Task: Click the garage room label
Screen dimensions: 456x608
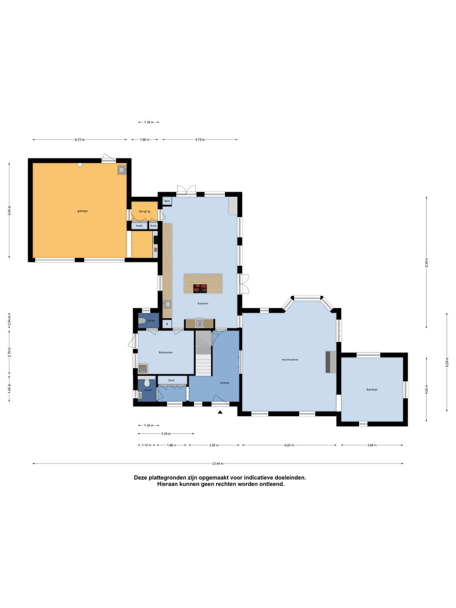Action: click(82, 211)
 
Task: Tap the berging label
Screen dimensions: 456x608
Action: click(144, 211)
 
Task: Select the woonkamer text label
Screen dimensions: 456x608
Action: click(290, 359)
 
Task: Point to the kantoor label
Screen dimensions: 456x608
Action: click(372, 389)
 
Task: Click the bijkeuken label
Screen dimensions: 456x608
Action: click(166, 352)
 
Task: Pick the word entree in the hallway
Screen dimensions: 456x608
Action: click(225, 383)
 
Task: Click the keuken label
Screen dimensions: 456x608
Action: click(203, 303)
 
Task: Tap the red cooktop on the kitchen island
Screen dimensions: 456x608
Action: click(200, 288)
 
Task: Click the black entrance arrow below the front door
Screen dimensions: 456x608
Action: click(220, 412)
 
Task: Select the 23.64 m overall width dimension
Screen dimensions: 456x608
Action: click(218, 463)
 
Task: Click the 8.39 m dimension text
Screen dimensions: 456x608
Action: click(427, 262)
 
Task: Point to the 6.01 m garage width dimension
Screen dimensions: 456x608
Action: click(80, 139)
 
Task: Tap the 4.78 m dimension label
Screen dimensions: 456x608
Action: click(200, 139)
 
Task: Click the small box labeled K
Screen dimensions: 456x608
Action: click(167, 324)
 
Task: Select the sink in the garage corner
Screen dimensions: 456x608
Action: click(122, 169)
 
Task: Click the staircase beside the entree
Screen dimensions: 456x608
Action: click(204, 353)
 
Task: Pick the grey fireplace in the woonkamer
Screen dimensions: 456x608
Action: click(331, 362)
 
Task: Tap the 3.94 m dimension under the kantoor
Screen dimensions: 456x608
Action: click(372, 445)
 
